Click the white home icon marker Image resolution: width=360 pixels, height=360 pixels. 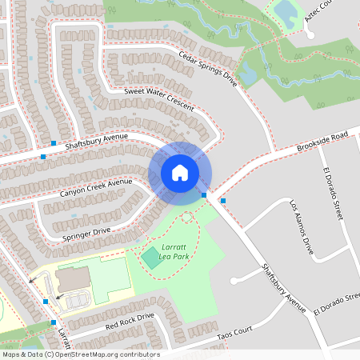pos(180,173)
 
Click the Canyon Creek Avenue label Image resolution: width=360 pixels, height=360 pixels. pos(95,188)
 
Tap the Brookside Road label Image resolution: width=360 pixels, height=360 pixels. pos(323,141)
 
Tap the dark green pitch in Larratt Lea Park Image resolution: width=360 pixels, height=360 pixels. pos(150,258)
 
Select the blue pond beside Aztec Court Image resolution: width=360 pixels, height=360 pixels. pos(285,11)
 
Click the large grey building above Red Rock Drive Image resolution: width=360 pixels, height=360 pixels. pos(75,279)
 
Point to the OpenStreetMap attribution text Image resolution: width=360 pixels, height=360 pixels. pos(80,354)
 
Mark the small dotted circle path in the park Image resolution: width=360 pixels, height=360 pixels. pos(187,217)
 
